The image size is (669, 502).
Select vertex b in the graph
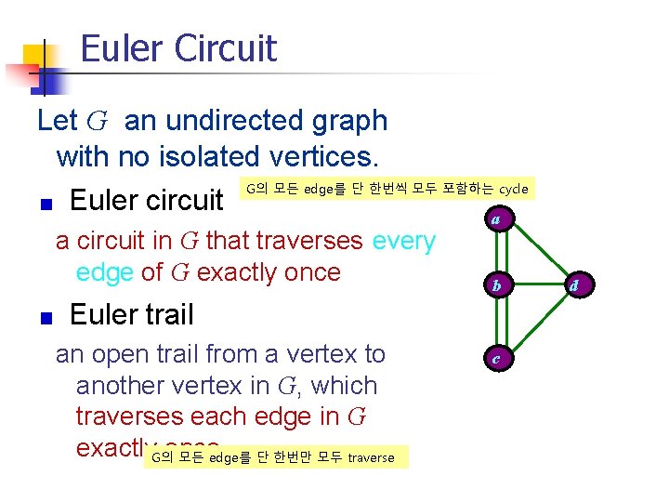click(497, 285)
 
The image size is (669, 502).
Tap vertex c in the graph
click(497, 358)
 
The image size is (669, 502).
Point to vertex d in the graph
click(574, 285)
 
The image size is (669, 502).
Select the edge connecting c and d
click(536, 322)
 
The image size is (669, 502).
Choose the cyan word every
click(403, 241)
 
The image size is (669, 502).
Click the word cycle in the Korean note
click(513, 190)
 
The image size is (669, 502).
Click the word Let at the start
click(57, 121)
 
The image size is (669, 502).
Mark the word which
click(345, 386)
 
